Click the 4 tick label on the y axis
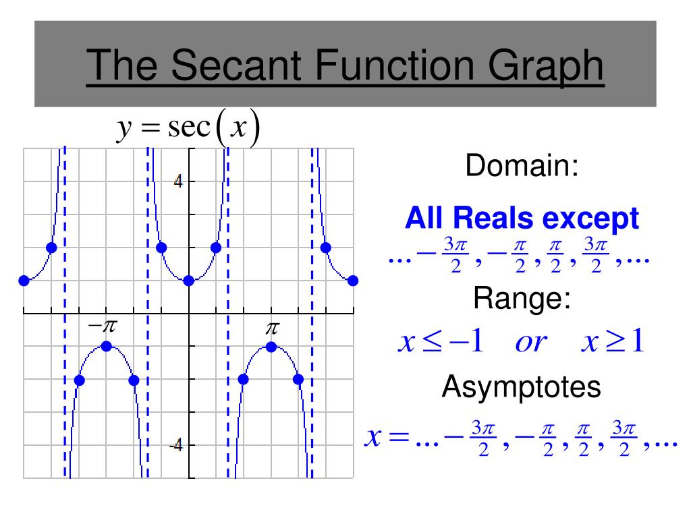179,181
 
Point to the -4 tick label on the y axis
176,445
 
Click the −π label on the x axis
103,327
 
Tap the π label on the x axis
272,328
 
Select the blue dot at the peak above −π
106,347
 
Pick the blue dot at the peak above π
271,347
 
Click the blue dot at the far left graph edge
24,281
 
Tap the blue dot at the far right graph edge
353,281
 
